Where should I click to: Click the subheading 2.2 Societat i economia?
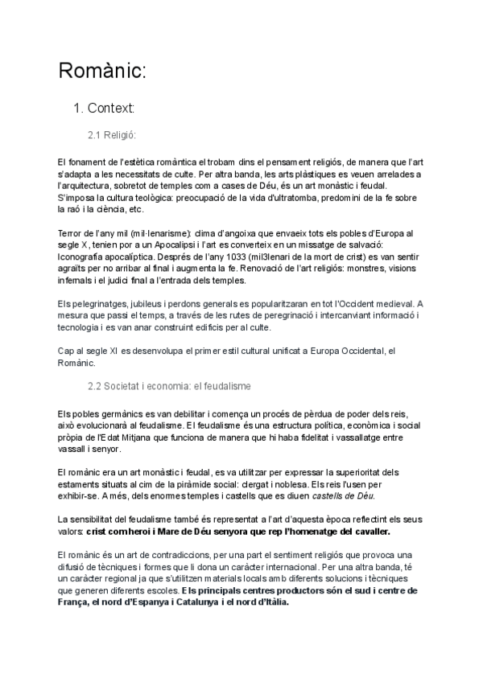[x=169, y=387]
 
